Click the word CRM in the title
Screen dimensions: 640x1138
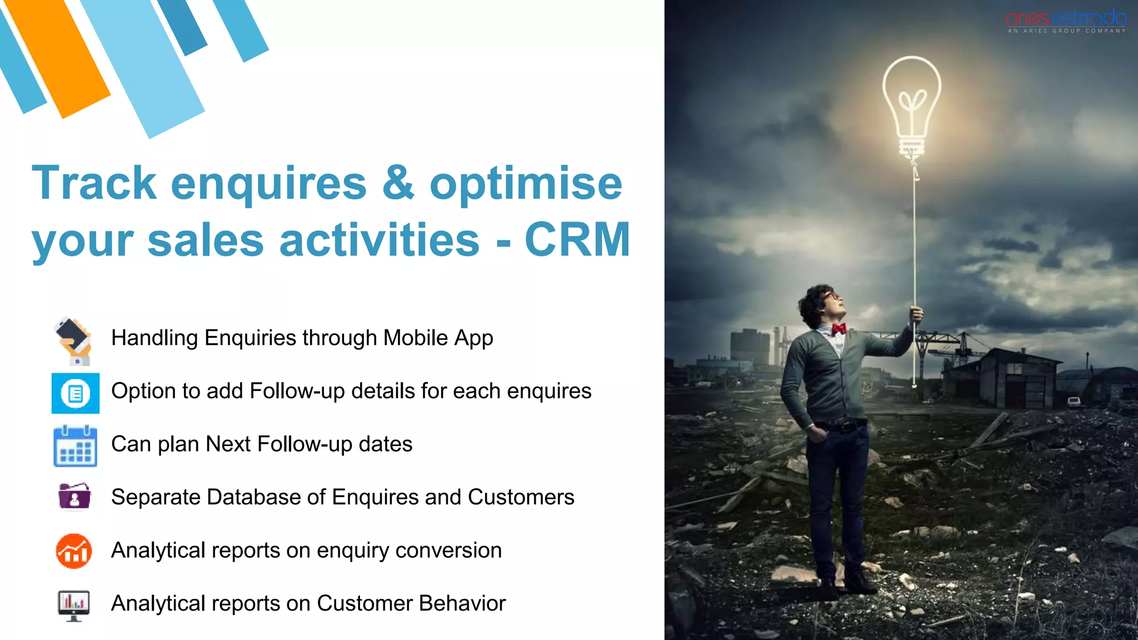click(577, 240)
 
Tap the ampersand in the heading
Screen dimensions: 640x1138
click(398, 183)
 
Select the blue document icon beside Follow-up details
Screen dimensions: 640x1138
click(76, 393)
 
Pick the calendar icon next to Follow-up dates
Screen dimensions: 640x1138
click(75, 446)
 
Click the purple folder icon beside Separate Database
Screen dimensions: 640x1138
click(74, 496)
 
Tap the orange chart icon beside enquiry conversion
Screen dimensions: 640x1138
click(74, 551)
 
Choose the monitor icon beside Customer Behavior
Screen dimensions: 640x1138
click(73, 605)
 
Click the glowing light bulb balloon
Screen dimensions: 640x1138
click(911, 103)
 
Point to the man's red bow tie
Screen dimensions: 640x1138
click(838, 329)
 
